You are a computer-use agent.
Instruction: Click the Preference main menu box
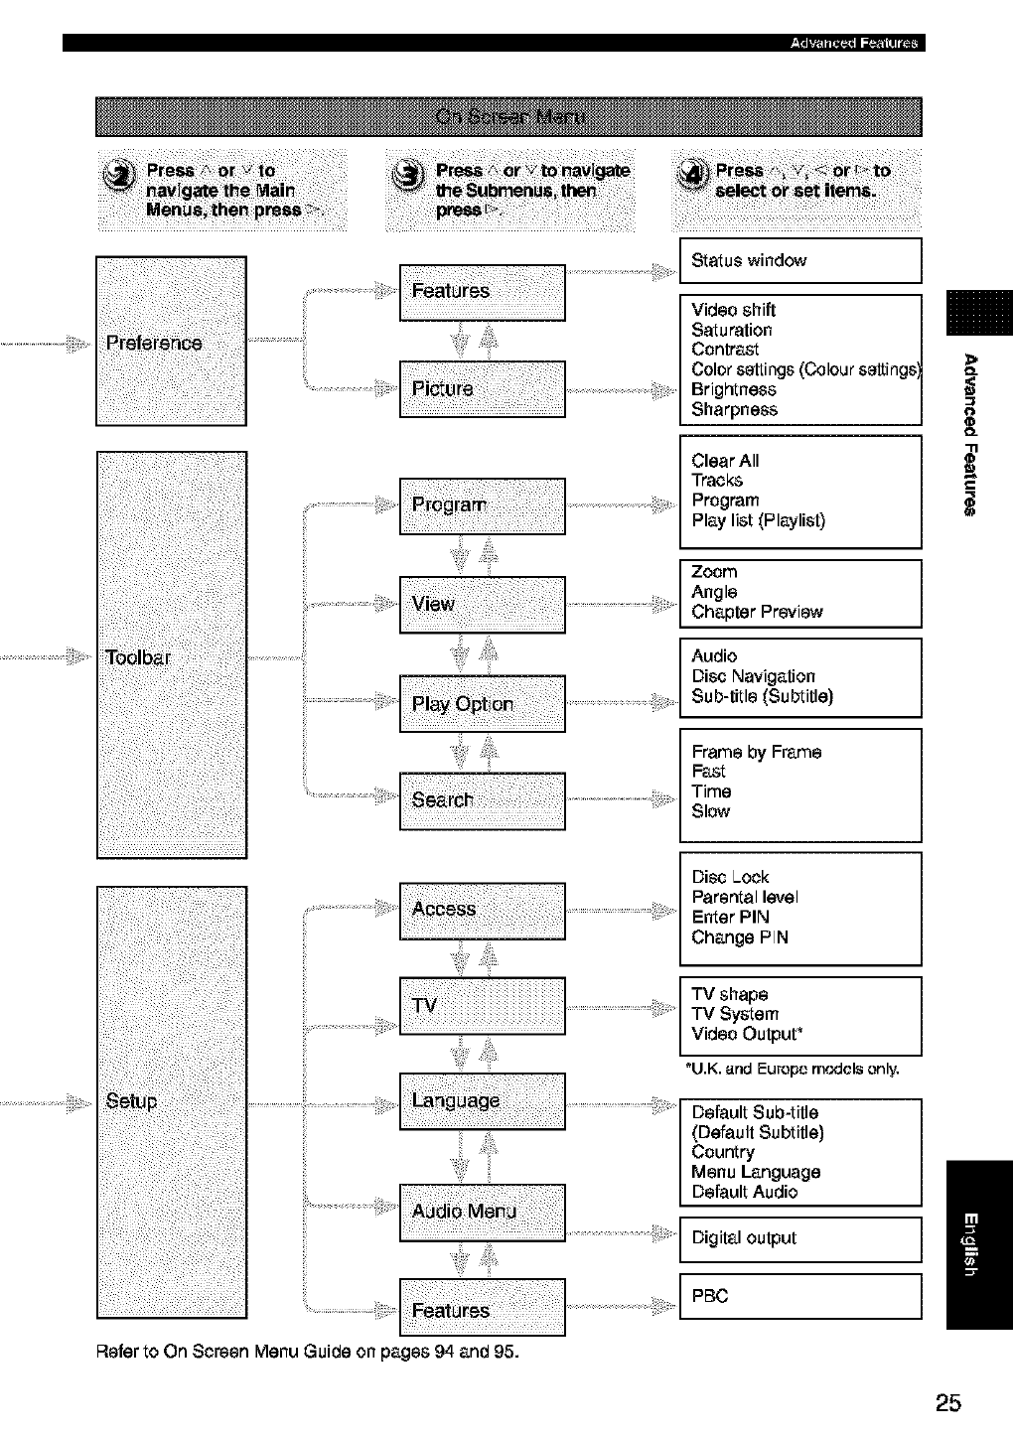pos(171,341)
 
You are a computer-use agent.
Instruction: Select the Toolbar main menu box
pos(172,654)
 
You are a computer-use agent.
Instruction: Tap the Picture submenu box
pos(482,388)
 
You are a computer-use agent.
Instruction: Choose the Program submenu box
pos(482,505)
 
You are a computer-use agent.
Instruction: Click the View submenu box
pos(482,604)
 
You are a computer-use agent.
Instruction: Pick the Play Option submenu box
pos(482,704)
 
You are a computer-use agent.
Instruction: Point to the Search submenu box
pos(482,800)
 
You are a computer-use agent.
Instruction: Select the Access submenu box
pos(482,910)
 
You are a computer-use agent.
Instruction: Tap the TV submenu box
pos(482,1005)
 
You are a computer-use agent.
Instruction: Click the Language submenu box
pos(482,1101)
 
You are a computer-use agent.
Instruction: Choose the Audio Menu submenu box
pos(482,1212)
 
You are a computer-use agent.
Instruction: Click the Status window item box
pos(800,261)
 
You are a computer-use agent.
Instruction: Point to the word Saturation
pos(732,330)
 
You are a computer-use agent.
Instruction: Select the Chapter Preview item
pos(757,612)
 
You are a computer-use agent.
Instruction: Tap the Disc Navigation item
pos(754,676)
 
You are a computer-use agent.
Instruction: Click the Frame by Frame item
pos(757,752)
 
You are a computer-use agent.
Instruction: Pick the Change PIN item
pos(740,937)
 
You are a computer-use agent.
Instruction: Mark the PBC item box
pos(800,1296)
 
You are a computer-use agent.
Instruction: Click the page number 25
pos(947,1402)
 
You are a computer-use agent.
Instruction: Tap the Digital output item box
pos(800,1238)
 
